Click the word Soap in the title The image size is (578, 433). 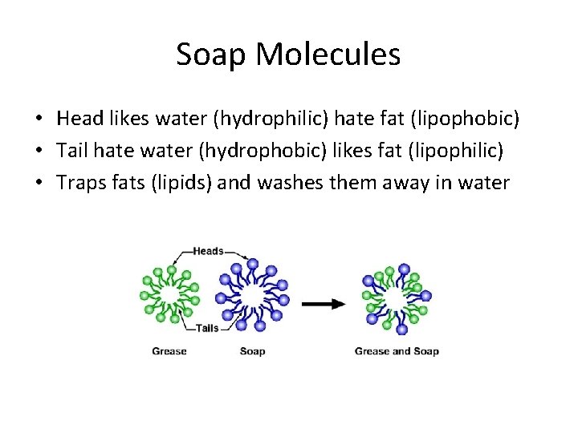[212, 55]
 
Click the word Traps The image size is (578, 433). [79, 184]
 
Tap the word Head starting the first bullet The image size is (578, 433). [77, 119]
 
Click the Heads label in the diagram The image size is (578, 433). [208, 251]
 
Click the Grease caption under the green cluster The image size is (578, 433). [169, 351]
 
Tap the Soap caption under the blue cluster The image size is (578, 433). [252, 351]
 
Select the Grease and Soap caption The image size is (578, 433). [397, 351]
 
